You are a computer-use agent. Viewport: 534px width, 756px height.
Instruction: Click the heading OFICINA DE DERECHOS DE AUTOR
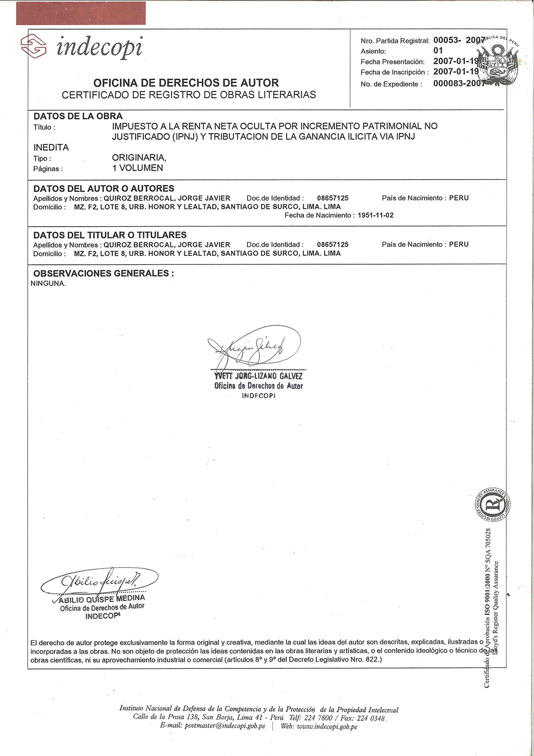pos(186,83)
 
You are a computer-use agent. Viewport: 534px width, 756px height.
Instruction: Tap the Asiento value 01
pos(438,50)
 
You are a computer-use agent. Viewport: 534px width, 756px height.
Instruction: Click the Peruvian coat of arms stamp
pos(497,63)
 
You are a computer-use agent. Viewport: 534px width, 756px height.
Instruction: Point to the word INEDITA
pos(51,147)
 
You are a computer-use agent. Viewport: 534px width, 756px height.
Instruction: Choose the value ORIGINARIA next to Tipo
pos(139,158)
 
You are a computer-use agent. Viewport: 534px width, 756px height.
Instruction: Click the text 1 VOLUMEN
pos(137,168)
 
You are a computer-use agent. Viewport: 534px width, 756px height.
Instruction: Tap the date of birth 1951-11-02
pos(376,215)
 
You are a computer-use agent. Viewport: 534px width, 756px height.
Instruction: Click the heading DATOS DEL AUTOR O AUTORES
pos(104,189)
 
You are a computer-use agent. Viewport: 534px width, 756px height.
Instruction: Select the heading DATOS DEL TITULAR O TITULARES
pos(110,235)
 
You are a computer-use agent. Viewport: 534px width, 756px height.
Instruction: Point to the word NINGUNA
pos(48,283)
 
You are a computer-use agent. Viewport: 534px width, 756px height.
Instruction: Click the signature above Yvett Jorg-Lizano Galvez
pos(255,346)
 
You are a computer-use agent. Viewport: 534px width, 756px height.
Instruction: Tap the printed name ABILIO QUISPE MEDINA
pos(102,599)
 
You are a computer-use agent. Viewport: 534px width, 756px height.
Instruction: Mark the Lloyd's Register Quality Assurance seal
pos(491,505)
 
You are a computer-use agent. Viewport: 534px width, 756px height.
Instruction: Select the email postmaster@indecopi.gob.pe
pos(213,726)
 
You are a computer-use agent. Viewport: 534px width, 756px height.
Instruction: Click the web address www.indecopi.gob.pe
pos(319,726)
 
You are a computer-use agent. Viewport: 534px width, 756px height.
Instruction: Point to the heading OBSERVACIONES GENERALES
pos(103,273)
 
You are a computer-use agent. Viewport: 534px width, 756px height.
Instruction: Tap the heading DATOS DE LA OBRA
pos(78,116)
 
